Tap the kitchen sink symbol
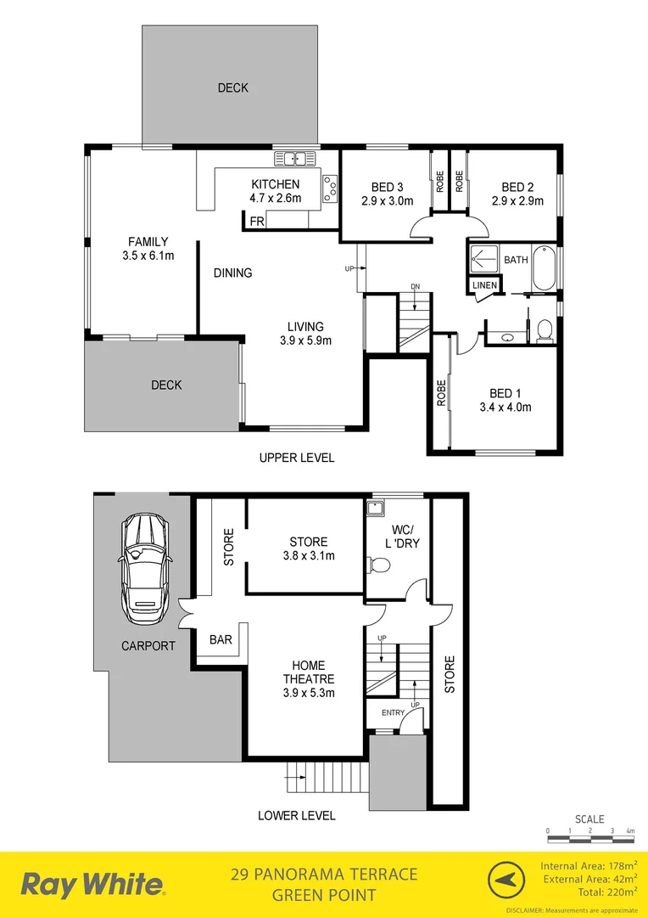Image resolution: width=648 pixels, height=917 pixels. click(x=295, y=158)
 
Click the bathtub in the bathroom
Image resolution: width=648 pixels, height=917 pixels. click(x=544, y=268)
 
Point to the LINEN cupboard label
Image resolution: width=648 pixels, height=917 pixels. click(x=485, y=286)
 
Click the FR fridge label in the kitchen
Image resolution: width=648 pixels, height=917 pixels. click(x=254, y=222)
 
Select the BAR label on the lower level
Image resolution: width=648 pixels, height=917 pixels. click(x=221, y=640)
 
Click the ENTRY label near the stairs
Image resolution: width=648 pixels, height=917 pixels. click(x=393, y=712)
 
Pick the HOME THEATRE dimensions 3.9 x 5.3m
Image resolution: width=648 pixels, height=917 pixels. click(x=309, y=693)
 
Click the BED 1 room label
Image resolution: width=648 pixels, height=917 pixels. click(x=506, y=393)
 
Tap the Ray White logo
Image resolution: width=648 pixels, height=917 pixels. click(x=92, y=885)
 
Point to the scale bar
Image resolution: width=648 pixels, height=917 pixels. click(x=590, y=839)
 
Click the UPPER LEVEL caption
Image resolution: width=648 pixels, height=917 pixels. click(x=297, y=458)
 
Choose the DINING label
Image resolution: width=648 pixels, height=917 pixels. click(x=232, y=273)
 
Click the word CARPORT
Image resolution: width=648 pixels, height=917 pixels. click(x=148, y=645)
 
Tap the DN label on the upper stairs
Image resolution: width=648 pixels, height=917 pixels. click(x=415, y=286)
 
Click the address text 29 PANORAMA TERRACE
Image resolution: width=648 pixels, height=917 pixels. click(x=324, y=875)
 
